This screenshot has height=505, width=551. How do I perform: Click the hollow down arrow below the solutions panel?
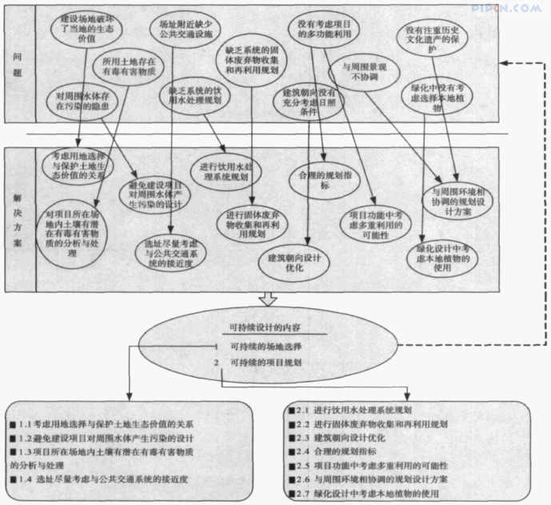(269, 299)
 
